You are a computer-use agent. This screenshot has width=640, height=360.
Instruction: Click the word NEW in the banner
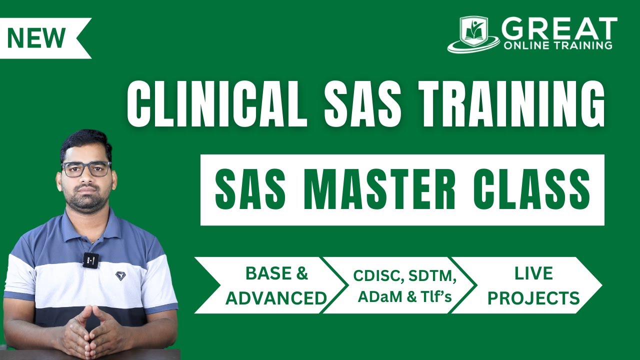(x=36, y=38)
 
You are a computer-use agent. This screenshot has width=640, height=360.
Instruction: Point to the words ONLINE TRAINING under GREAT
(x=557, y=45)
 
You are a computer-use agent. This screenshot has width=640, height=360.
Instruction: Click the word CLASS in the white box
(x=531, y=190)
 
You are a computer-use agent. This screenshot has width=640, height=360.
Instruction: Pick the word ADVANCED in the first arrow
(x=276, y=298)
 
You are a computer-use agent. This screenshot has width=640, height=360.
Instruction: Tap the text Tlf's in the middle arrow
(x=437, y=297)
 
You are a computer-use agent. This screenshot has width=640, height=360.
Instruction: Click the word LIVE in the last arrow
(x=533, y=273)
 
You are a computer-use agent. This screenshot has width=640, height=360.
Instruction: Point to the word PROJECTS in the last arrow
(x=533, y=298)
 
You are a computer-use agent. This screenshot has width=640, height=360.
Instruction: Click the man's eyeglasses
(x=86, y=169)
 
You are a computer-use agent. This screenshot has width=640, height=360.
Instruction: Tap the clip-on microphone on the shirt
(x=90, y=259)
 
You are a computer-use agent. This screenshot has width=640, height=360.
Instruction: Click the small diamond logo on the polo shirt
(x=120, y=275)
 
